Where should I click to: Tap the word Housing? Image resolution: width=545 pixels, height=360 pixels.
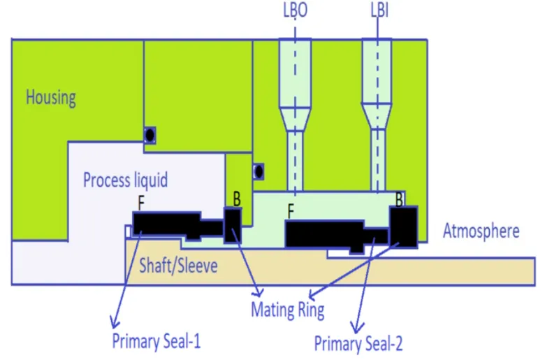pos(51,97)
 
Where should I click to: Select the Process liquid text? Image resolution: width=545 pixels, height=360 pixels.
pos(125,180)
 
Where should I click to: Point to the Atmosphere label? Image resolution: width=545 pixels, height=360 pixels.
pos(481,231)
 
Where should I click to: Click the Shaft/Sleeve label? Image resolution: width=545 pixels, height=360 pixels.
pos(178,266)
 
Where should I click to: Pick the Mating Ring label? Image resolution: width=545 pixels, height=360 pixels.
pos(288,309)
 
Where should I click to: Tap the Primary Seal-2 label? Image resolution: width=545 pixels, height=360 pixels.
pos(358,343)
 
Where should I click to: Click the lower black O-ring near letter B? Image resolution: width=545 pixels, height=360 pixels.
pos(258,171)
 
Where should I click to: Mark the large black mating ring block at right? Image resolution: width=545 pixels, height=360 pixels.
pos(404,225)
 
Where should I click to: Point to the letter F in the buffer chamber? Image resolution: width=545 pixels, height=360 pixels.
pos(291,208)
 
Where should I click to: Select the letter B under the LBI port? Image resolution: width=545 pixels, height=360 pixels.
pos(400,199)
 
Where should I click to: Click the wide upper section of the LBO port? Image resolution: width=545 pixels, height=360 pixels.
pos(295,70)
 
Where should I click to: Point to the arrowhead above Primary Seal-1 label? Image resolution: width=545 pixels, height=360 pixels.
pos(112,324)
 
